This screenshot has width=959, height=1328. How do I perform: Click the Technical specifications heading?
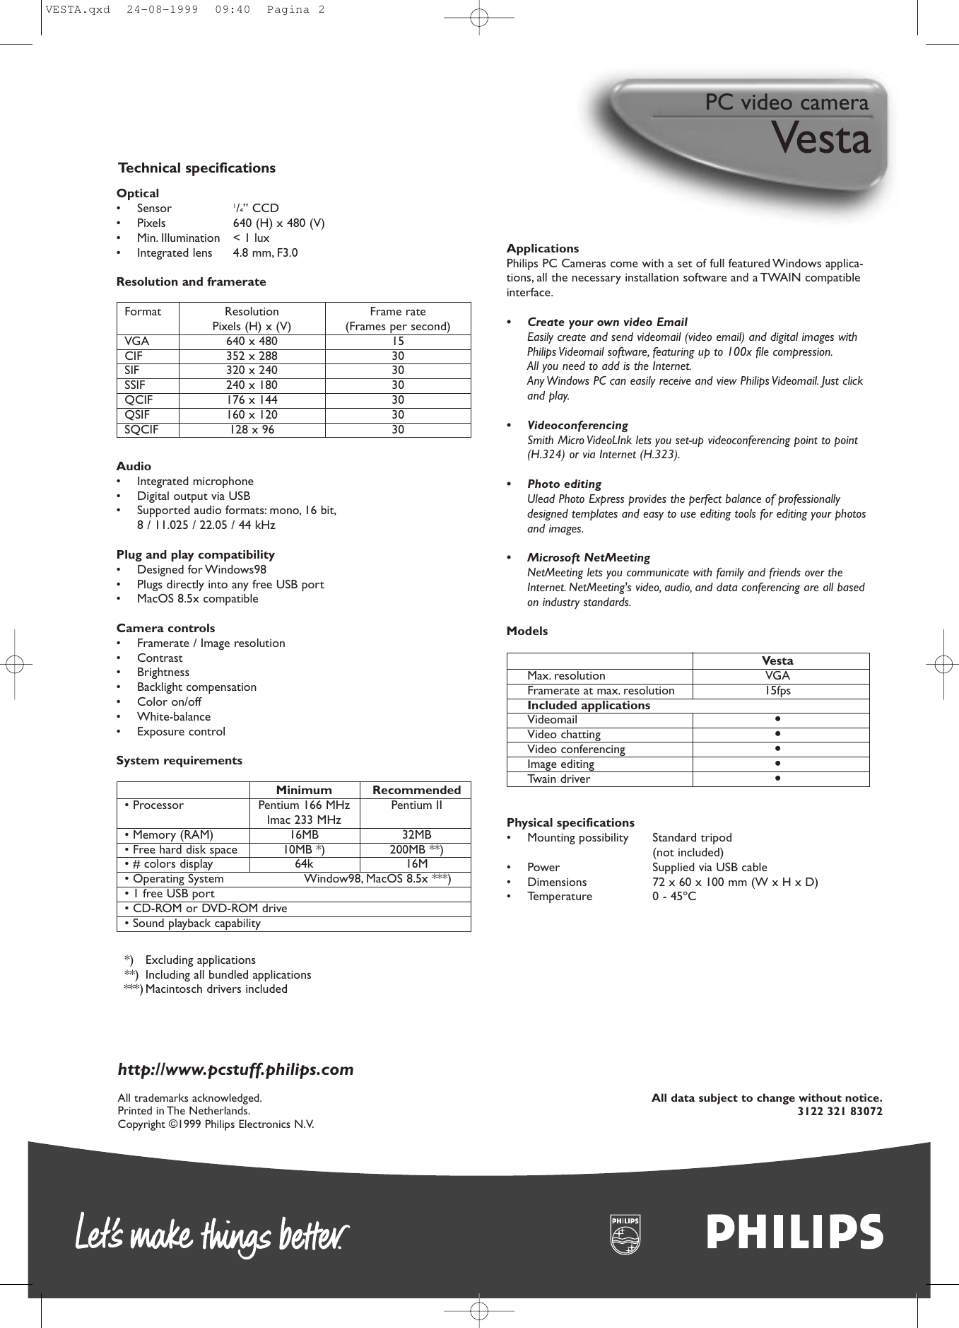[196, 168]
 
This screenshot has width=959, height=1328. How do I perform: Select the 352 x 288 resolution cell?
[252, 356]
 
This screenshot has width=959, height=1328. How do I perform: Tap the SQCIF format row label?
[142, 430]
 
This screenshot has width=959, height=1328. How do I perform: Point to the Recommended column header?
[416, 791]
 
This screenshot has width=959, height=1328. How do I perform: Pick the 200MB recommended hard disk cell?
[416, 850]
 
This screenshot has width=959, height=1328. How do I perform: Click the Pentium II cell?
[416, 805]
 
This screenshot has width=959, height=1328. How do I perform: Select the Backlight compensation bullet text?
[196, 687]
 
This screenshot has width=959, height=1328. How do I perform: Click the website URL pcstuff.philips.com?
[235, 1070]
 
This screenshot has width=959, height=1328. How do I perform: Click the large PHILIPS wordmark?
[794, 1233]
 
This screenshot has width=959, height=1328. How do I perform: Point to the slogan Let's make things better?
[211, 1235]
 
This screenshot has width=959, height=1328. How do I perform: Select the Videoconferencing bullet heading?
[577, 426]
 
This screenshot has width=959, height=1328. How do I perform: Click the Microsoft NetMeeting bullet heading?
[588, 558]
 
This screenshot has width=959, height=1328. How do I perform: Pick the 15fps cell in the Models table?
[778, 691]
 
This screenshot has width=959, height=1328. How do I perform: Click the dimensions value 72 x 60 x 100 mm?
[735, 883]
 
